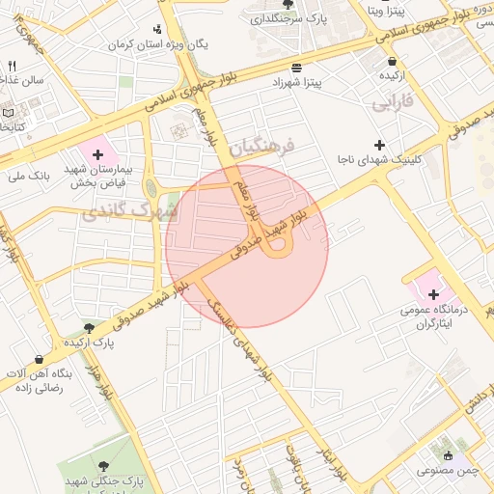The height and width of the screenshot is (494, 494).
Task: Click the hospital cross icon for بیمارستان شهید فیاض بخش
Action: pyautogui.click(x=97, y=153)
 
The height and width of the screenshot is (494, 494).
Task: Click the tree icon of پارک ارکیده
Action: pyautogui.click(x=89, y=328)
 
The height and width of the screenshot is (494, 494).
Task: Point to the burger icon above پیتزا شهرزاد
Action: pyautogui.click(x=295, y=69)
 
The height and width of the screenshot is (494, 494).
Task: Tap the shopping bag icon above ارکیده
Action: pyautogui.click(x=389, y=60)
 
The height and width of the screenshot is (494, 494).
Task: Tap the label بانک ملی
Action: pyautogui.click(x=26, y=176)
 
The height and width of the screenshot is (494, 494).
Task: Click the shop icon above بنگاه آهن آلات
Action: pyautogui.click(x=40, y=359)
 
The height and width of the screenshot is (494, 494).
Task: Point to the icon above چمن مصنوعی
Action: pyautogui.click(x=447, y=455)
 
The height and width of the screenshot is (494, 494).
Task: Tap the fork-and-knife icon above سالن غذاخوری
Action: pyautogui.click(x=13, y=66)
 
